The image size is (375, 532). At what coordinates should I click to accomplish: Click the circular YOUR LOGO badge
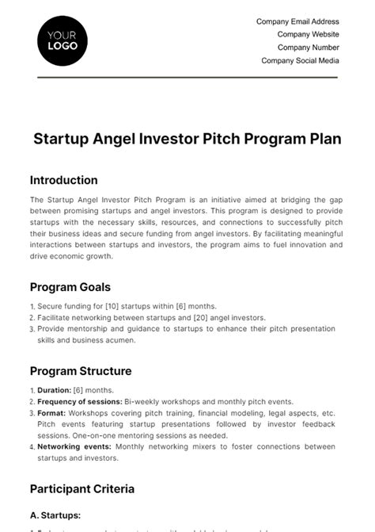pyautogui.click(x=62, y=40)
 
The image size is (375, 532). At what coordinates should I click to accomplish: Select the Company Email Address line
pyautogui.click(x=297, y=22)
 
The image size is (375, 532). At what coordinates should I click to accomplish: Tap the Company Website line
pyautogui.click(x=308, y=35)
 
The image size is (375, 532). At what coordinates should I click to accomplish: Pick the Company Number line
pyautogui.click(x=307, y=48)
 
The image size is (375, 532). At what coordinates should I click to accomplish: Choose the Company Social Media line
pyautogui.click(x=300, y=60)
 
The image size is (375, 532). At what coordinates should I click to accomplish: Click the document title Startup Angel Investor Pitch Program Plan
pyautogui.click(x=187, y=139)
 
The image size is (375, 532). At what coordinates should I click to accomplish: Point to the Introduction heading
pyautogui.click(x=64, y=180)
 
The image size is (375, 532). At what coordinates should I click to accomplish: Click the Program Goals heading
pyautogui.click(x=70, y=287)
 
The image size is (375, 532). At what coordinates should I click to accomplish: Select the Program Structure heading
pyautogui.click(x=81, y=371)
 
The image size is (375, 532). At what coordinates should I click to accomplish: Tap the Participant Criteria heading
pyautogui.click(x=82, y=488)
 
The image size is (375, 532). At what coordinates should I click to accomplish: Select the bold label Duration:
pyautogui.click(x=54, y=391)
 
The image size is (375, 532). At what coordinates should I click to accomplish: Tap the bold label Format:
pyautogui.click(x=51, y=413)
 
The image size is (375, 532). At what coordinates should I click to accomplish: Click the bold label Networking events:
pyautogui.click(x=74, y=446)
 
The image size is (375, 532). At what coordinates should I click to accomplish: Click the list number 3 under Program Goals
pyautogui.click(x=32, y=329)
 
